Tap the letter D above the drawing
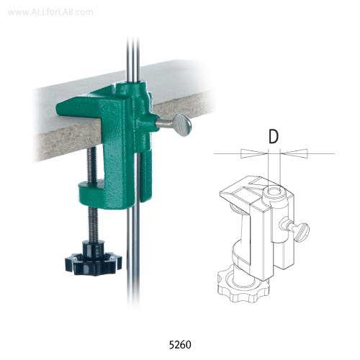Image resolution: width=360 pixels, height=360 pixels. tap(273, 135)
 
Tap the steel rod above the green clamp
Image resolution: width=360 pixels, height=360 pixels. tap(131, 43)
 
